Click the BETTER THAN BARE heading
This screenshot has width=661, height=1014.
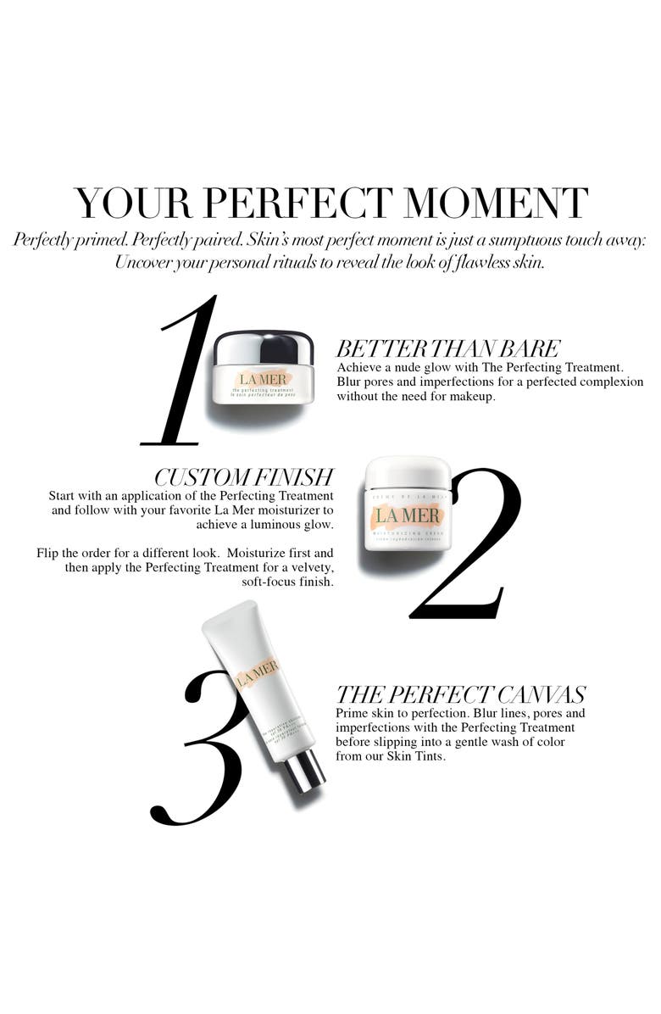(x=448, y=348)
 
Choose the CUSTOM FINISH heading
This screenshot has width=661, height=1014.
(x=244, y=477)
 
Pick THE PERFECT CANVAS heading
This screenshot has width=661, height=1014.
(x=461, y=695)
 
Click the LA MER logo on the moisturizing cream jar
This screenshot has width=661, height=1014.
(x=408, y=515)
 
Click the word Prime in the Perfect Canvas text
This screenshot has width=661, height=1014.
(x=352, y=713)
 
